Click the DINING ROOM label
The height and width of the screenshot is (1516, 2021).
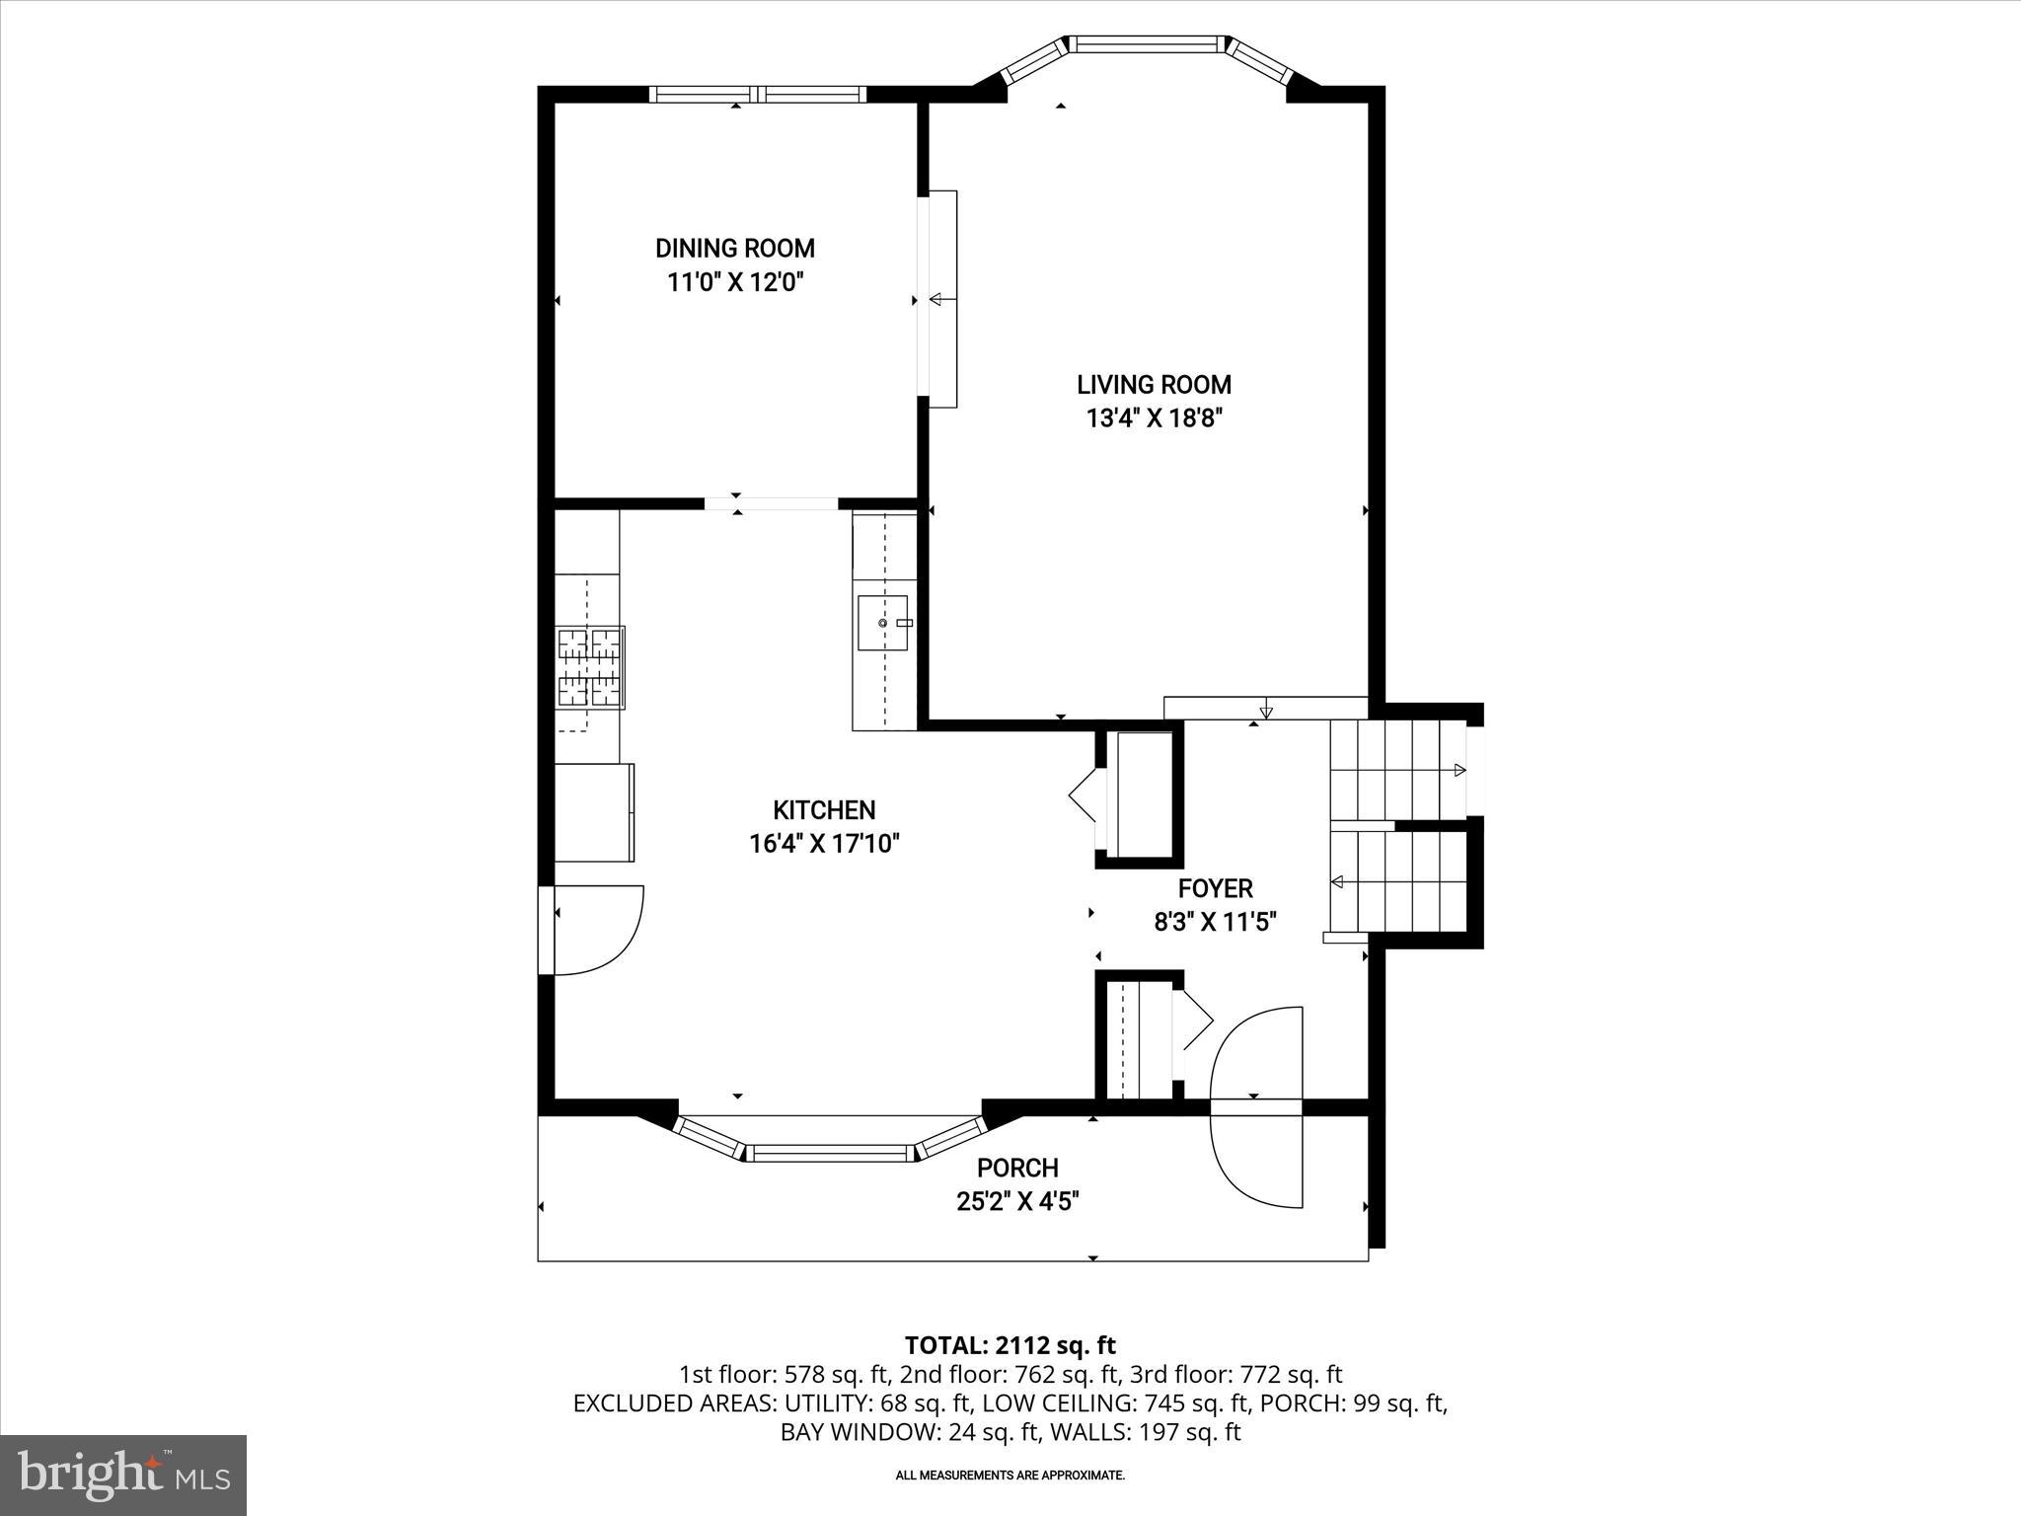pyautogui.click(x=735, y=248)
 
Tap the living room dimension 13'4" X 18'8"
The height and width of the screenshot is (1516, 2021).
pyautogui.click(x=1154, y=418)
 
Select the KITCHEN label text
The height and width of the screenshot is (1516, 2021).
pyautogui.click(x=824, y=810)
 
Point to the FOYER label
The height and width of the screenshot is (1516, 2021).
pyautogui.click(x=1215, y=888)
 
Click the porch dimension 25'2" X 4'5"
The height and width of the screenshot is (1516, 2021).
pyautogui.click(x=1017, y=1201)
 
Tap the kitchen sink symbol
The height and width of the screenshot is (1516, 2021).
pyautogui.click(x=882, y=623)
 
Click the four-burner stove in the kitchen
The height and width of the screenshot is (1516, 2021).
pyautogui.click(x=591, y=667)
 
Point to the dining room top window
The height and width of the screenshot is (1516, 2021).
pyautogui.click(x=758, y=95)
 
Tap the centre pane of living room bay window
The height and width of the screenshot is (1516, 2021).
pyautogui.click(x=1146, y=43)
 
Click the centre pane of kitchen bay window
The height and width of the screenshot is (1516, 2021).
pyautogui.click(x=830, y=1152)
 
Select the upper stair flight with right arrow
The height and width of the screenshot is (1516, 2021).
pyautogui.click(x=1396, y=770)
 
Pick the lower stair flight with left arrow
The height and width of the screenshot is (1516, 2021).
pyautogui.click(x=1396, y=880)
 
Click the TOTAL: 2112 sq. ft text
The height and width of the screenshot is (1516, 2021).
pyautogui.click(x=1010, y=1345)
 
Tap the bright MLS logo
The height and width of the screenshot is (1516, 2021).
pyautogui.click(x=123, y=1475)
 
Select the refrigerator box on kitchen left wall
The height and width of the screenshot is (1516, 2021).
pyautogui.click(x=593, y=812)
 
